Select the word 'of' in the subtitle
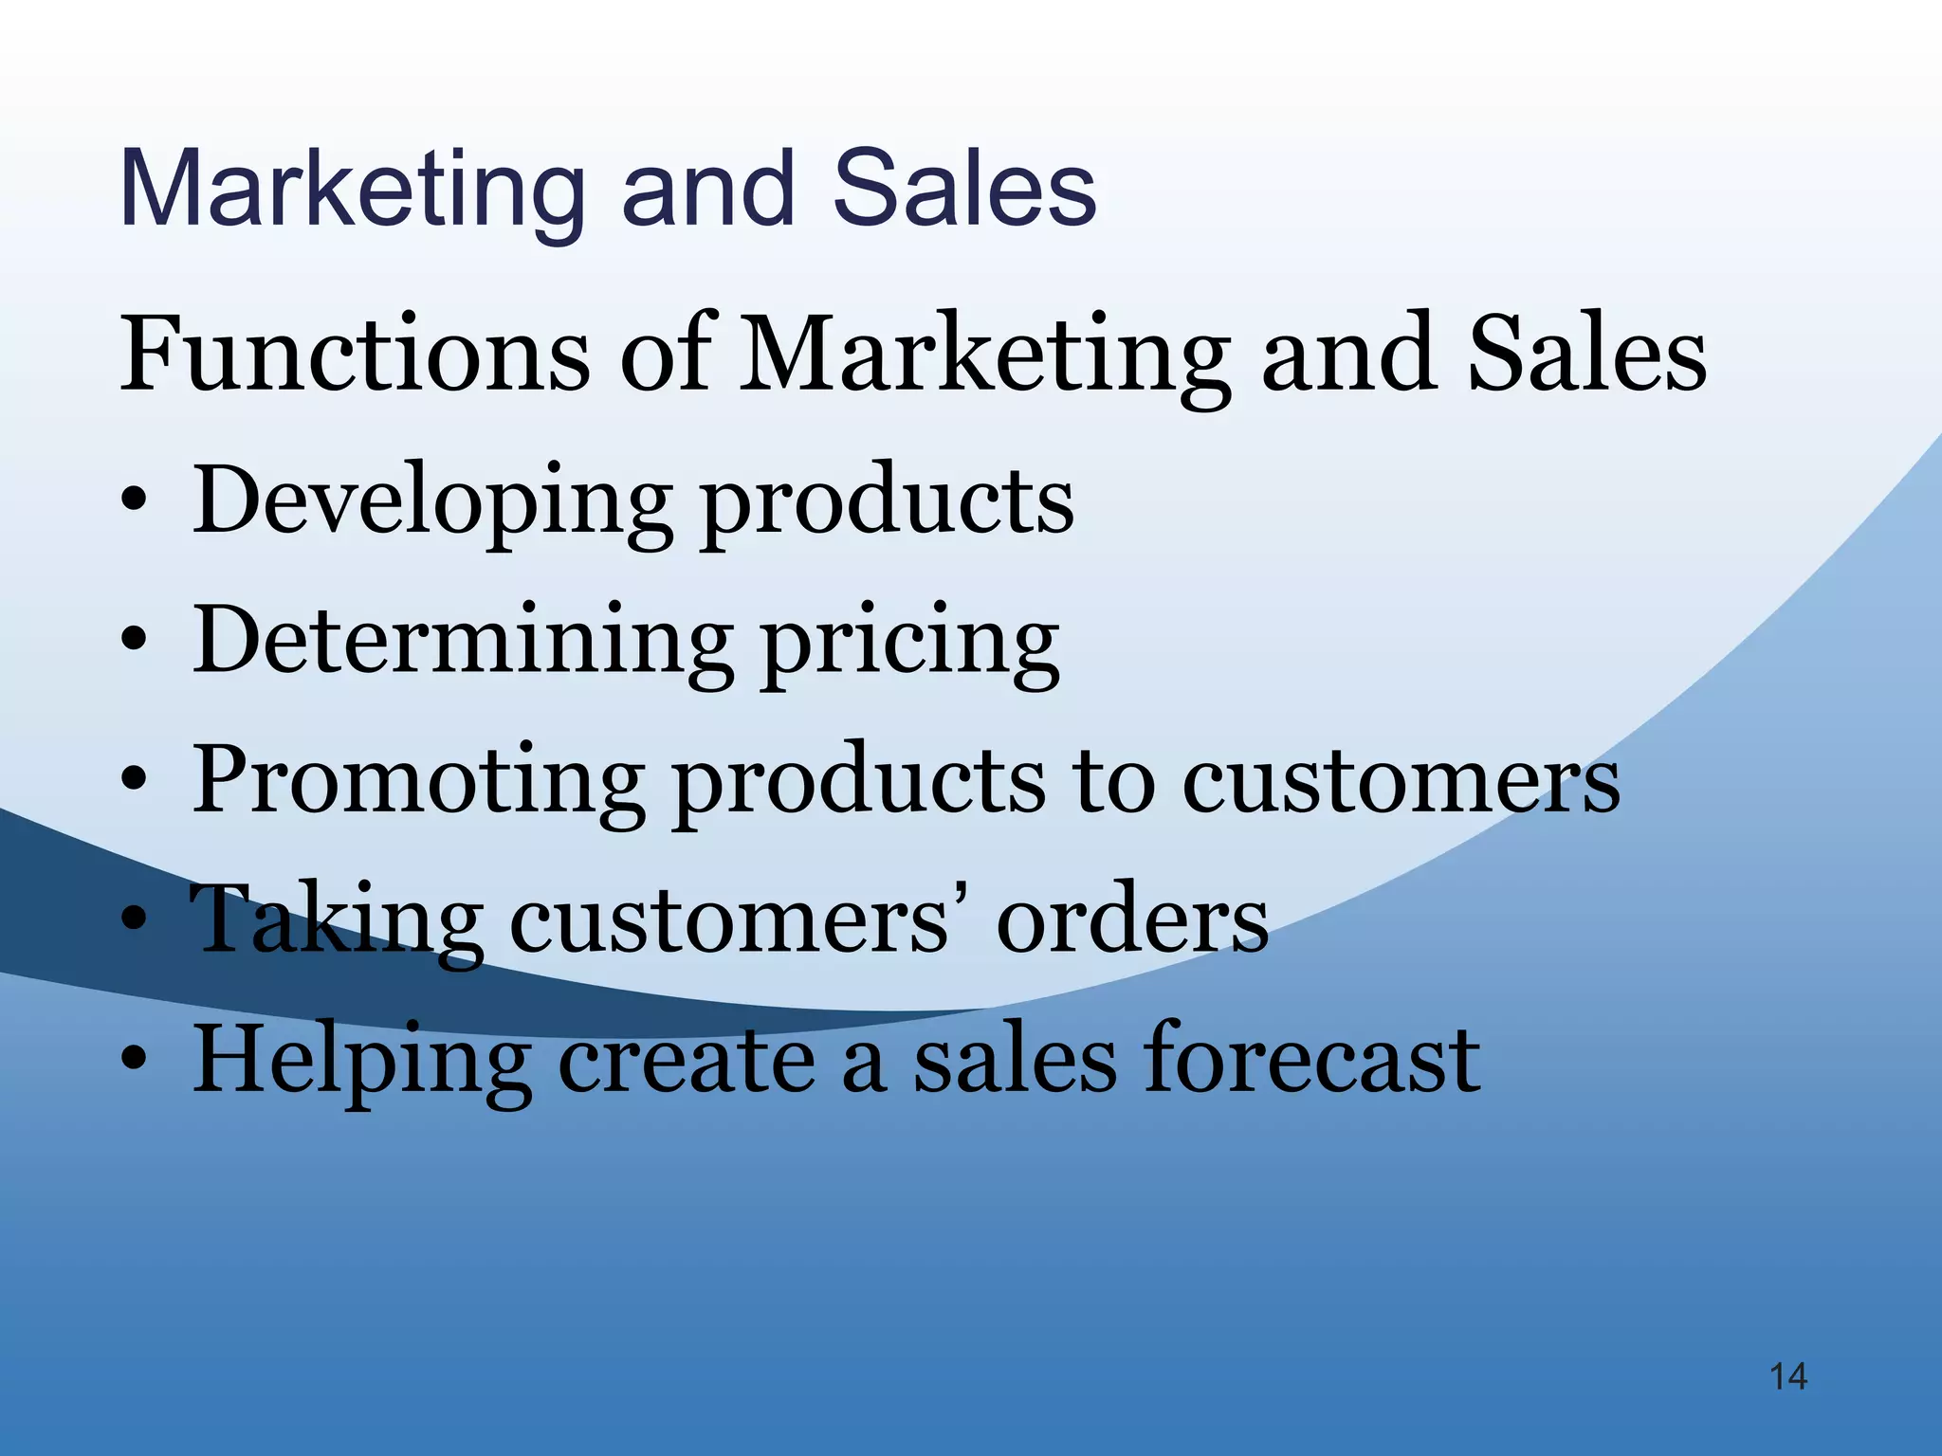pyautogui.click(x=665, y=355)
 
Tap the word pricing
pyautogui.click(x=911, y=645)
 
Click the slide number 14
pyautogui.click(x=1788, y=1376)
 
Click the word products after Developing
pyautogui.click(x=887, y=503)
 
